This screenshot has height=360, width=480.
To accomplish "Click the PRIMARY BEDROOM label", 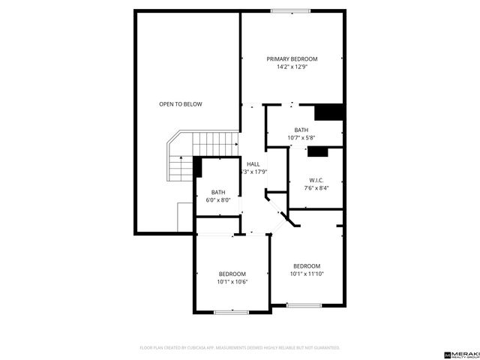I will point(292,59).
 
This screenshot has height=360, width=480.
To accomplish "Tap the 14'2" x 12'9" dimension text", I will point(292,67).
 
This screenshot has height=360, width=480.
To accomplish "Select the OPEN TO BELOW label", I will point(180,104).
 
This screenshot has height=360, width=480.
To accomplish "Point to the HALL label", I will point(253,163).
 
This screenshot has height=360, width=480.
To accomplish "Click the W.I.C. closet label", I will point(316,180).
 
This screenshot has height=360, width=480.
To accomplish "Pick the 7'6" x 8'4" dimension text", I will point(316,188).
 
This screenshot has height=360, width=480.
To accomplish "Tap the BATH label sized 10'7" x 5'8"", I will point(301,130).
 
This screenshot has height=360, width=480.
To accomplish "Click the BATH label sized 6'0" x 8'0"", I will point(217,193).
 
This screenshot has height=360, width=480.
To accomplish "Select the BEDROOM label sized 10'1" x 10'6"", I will point(232,274).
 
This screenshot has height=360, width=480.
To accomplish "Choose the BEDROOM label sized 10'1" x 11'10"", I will point(307,266).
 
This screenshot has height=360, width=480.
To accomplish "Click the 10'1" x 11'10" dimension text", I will point(307,274).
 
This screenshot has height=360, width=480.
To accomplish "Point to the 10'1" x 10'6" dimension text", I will point(232,282).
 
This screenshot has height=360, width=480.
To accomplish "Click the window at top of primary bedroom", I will point(289,10).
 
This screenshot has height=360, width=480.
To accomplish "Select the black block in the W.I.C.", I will point(318,151).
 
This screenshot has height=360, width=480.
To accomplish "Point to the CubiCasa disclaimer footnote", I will point(240,348).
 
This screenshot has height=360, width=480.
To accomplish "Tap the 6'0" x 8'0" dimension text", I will point(217,201).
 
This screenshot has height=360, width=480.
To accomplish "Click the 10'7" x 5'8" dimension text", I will point(301,138).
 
